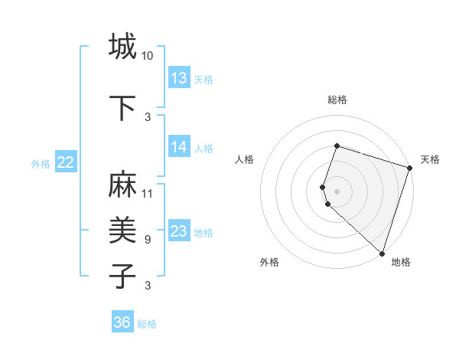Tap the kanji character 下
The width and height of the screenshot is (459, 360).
coord(122,107)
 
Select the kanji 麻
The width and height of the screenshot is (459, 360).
coord(122,185)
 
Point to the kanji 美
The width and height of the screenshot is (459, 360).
coord(122,230)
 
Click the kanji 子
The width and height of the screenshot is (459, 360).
coord(122,276)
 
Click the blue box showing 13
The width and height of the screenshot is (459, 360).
coord(179,78)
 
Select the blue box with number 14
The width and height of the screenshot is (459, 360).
coord(179,147)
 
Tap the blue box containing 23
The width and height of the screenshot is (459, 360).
coord(179,231)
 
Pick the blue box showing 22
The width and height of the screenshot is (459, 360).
coord(66,162)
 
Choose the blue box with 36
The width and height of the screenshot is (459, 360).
coord(122,322)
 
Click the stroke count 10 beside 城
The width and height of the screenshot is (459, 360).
coord(147,56)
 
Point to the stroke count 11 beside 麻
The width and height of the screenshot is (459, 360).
coord(147,193)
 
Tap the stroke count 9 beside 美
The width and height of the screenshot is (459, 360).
coord(147,240)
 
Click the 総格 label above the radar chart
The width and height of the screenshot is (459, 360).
coord(337,100)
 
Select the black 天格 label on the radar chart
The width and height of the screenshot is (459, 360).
coord(430,159)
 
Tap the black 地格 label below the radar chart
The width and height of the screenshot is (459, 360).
coord(401,262)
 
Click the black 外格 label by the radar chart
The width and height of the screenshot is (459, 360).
coord(269,262)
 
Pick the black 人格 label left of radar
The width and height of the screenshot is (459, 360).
coord(244,159)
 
